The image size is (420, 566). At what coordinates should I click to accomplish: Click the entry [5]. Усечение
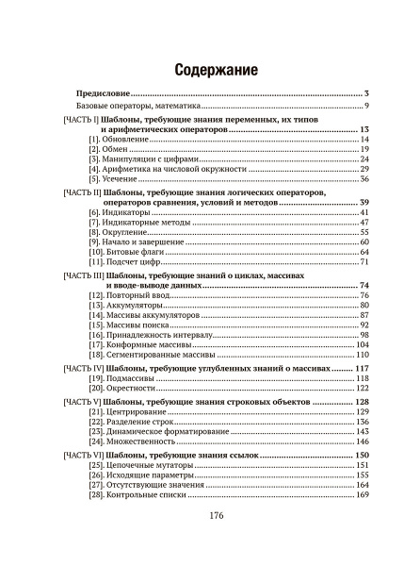pos(116,178)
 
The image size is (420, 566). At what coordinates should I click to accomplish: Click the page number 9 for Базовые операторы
pos(364,107)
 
